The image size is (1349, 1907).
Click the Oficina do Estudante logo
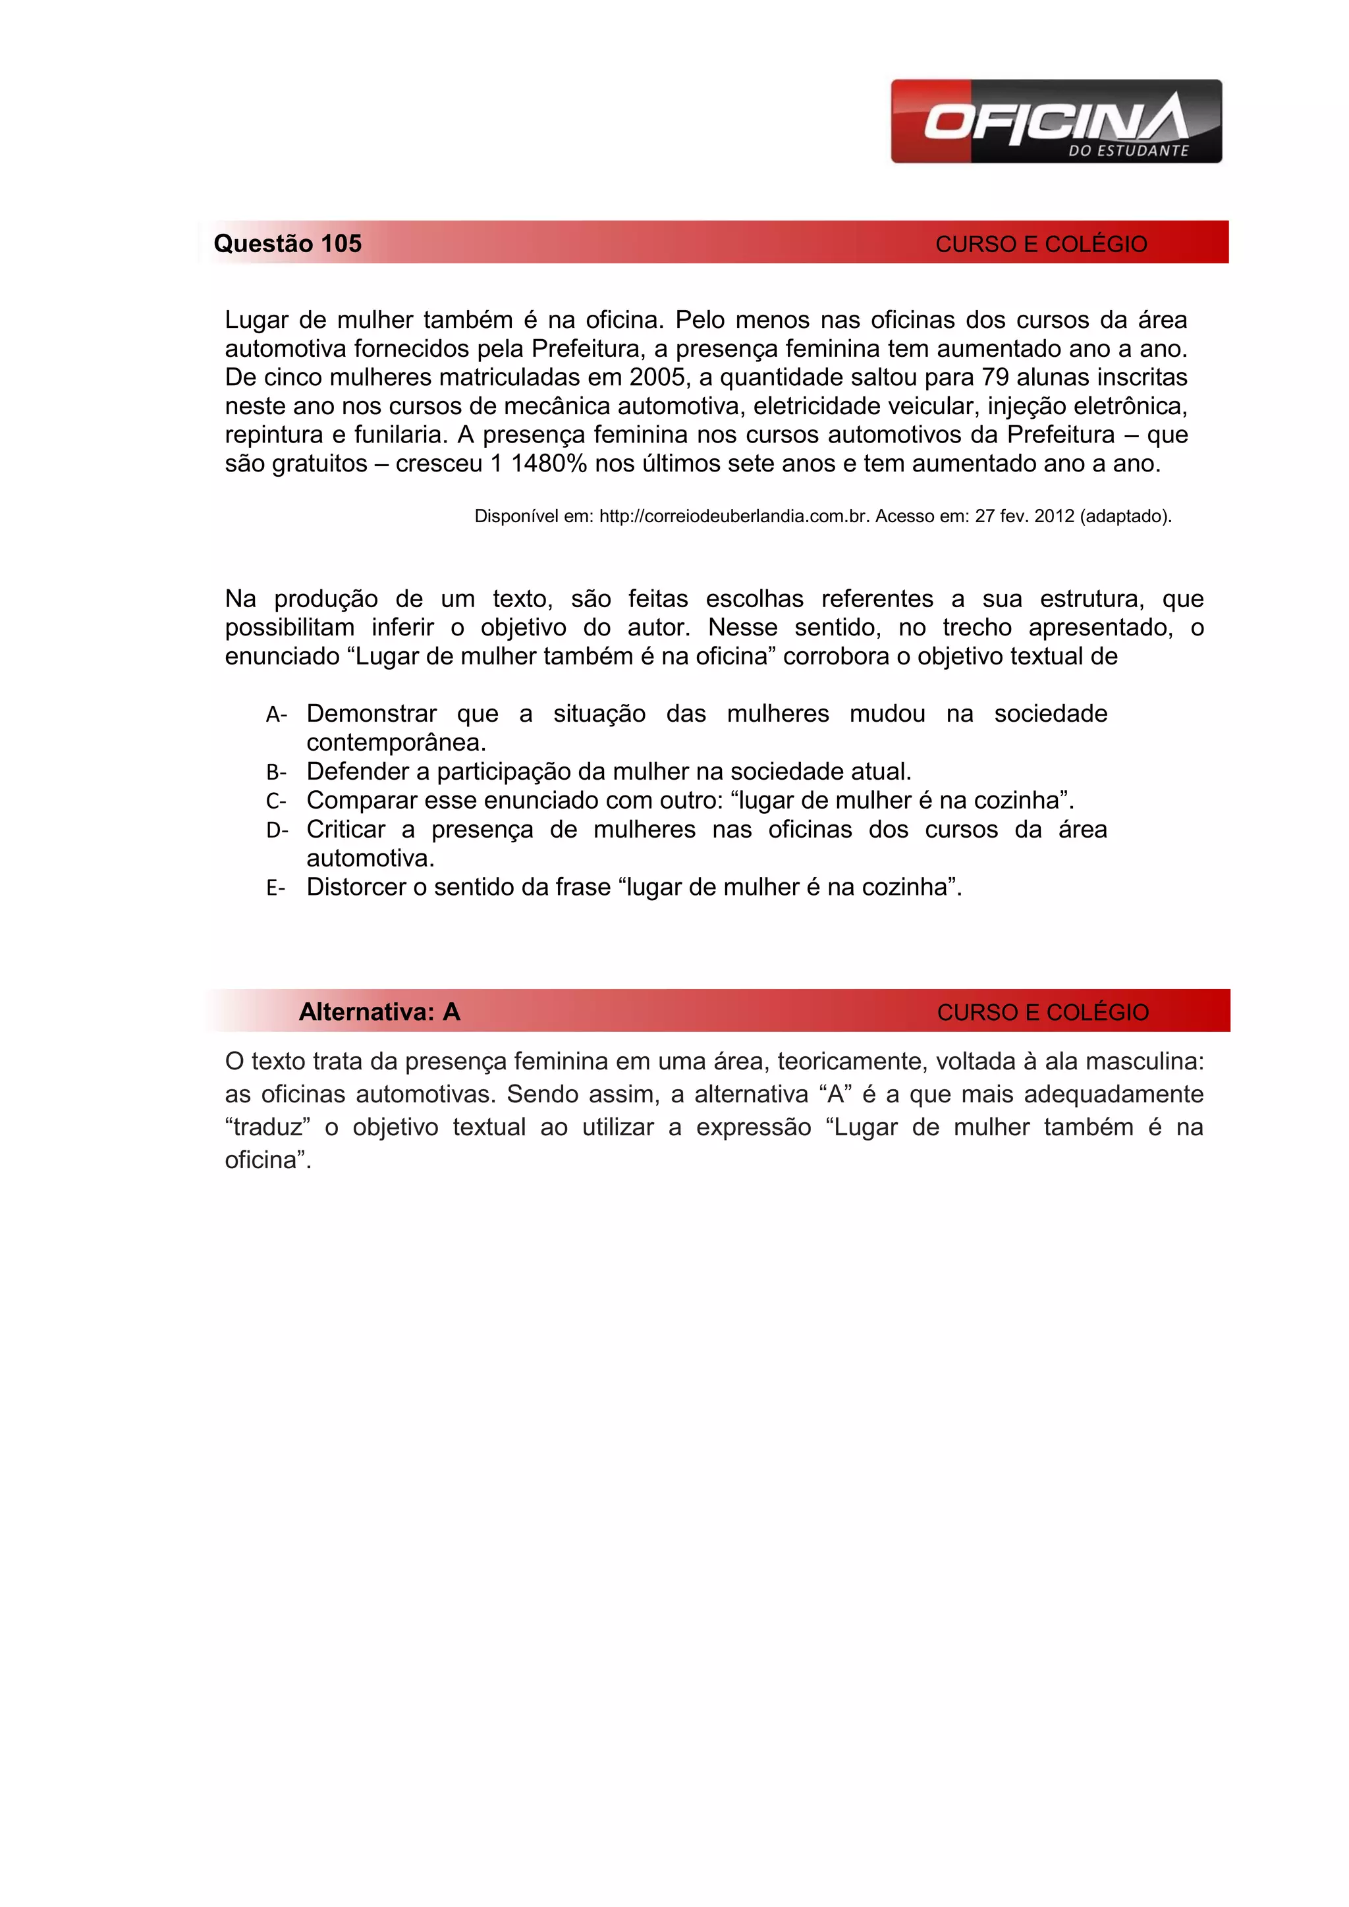(1056, 121)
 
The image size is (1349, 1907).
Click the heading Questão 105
(287, 244)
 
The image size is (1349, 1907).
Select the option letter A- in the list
(277, 714)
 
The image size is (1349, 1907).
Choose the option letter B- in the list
(277, 772)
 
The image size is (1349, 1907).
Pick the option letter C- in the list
(277, 801)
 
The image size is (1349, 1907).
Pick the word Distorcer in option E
(356, 887)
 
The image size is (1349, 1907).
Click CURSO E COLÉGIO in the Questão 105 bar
(1041, 244)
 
